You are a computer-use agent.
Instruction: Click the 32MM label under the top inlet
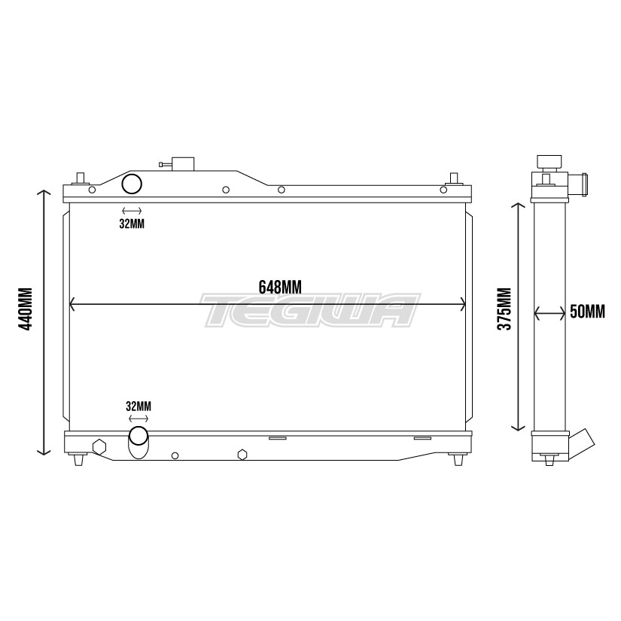(x=131, y=224)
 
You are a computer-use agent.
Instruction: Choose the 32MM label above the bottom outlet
(x=139, y=406)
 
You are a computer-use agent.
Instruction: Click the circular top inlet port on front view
(x=132, y=184)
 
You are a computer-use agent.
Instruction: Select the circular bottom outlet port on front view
(x=139, y=435)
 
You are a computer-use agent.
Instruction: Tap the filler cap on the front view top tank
(x=182, y=164)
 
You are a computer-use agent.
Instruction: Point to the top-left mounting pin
(x=78, y=179)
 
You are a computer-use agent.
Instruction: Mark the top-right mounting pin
(x=454, y=179)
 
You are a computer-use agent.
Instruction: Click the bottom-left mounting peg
(x=78, y=460)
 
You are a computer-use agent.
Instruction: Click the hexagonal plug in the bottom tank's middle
(x=242, y=455)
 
